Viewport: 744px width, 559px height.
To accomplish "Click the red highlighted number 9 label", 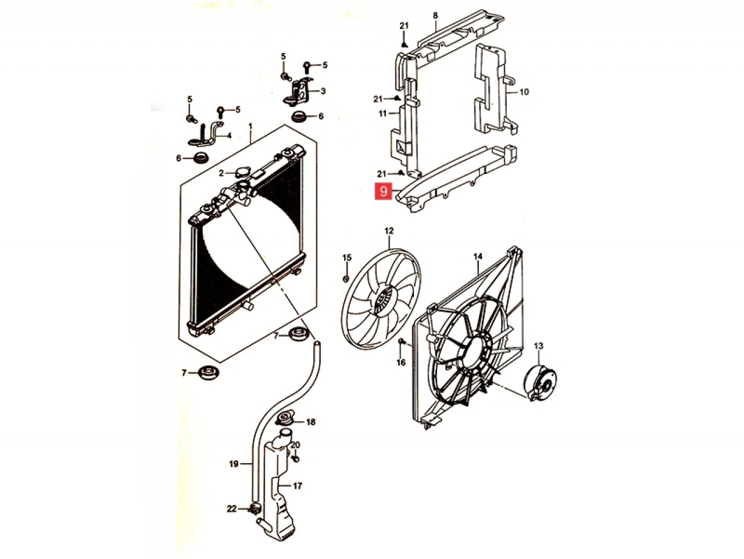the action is click(x=384, y=191).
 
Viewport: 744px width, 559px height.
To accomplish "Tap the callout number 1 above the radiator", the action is click(x=251, y=127).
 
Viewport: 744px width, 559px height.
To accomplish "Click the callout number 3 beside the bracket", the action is click(x=323, y=91).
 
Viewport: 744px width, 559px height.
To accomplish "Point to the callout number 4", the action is click(x=229, y=136).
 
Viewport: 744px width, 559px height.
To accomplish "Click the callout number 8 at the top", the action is click(x=435, y=16).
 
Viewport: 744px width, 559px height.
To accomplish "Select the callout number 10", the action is click(x=524, y=91).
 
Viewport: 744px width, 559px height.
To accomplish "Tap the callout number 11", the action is click(x=382, y=113).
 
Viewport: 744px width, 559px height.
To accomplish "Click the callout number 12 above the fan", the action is click(x=389, y=231).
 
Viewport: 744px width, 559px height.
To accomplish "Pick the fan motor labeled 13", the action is click(x=541, y=383).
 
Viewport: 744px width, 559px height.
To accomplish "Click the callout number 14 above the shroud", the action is click(x=478, y=257).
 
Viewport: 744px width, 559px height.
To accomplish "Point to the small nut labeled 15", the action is click(x=346, y=279).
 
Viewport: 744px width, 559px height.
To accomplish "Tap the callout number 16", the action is click(x=401, y=362).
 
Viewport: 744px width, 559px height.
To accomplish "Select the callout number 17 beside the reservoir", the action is click(x=297, y=486).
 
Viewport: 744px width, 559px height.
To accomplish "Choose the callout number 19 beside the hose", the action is click(x=234, y=464).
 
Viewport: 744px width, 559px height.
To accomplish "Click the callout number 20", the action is click(x=295, y=444).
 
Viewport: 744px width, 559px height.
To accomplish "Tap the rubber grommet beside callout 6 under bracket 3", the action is click(x=299, y=117).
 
